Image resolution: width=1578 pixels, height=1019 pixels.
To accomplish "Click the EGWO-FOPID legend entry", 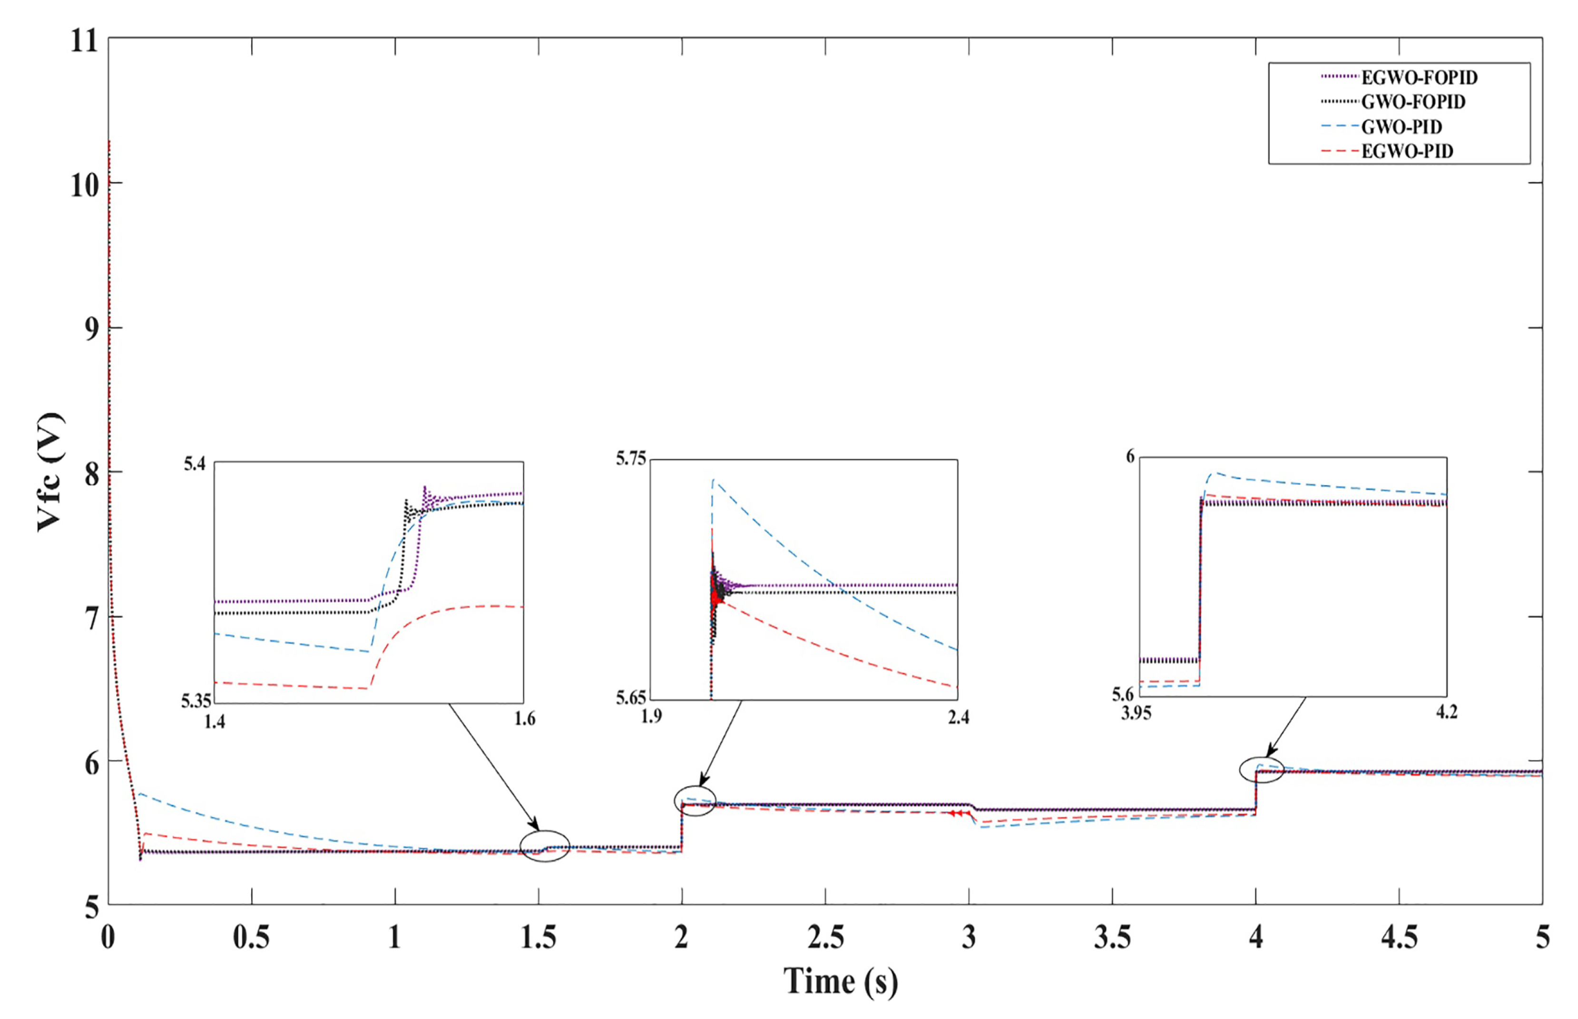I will click(1419, 78).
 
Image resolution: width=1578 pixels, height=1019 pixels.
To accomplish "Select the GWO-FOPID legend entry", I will click(1412, 102).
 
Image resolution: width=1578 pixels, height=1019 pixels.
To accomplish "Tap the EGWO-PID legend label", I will click(1407, 152).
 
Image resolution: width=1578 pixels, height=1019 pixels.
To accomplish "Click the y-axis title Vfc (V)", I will click(50, 472).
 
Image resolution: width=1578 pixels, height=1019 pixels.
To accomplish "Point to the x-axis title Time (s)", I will click(841, 981).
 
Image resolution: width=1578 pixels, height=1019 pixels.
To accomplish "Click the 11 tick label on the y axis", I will click(84, 41).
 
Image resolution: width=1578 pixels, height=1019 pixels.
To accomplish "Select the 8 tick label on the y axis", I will click(92, 474).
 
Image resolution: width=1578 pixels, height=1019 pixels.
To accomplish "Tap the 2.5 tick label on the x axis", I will click(825, 938).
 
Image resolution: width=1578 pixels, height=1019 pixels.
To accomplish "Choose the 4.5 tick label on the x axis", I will click(1399, 938).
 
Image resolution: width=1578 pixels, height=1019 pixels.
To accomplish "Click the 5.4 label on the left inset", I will click(195, 463).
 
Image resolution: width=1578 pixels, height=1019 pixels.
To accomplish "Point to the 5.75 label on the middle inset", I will click(631, 458).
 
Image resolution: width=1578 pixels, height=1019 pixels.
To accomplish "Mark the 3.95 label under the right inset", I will click(1137, 713).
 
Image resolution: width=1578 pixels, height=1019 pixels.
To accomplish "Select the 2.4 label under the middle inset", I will click(959, 717).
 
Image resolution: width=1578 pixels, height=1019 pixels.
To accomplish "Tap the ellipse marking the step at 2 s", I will click(695, 801).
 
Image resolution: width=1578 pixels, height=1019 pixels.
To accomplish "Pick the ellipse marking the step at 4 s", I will click(1261, 770).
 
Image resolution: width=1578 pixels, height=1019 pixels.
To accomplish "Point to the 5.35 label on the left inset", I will click(196, 701).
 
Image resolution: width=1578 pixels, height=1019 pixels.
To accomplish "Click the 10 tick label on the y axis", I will click(84, 185).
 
